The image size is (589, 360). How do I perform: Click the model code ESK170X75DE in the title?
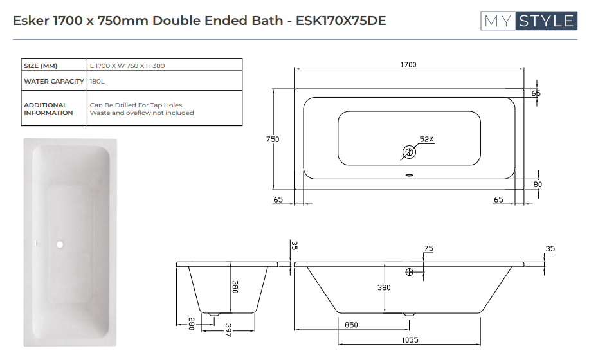tap(341, 21)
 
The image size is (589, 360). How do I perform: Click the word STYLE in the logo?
tap(545, 21)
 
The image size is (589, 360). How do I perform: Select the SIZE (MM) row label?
tap(41, 66)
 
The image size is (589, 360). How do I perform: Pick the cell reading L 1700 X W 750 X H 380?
tap(131, 66)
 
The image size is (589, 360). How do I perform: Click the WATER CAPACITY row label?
tap(54, 82)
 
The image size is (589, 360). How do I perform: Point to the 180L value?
tap(97, 82)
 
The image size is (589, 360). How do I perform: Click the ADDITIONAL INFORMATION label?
tap(48, 109)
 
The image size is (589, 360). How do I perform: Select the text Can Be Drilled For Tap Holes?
tap(136, 105)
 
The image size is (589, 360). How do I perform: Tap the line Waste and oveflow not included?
tap(141, 113)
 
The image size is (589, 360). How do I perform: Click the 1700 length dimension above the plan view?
tap(408, 65)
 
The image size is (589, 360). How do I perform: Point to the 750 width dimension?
tap(273, 139)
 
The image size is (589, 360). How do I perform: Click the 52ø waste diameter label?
tap(427, 139)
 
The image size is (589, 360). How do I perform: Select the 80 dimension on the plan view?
tap(538, 184)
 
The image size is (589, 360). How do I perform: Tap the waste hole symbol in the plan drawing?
tap(409, 152)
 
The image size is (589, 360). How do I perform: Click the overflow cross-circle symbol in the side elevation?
tap(410, 273)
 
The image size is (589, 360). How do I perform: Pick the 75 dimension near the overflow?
tap(429, 249)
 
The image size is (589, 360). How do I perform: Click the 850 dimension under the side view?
tap(351, 325)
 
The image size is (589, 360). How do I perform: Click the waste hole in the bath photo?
tap(60, 244)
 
